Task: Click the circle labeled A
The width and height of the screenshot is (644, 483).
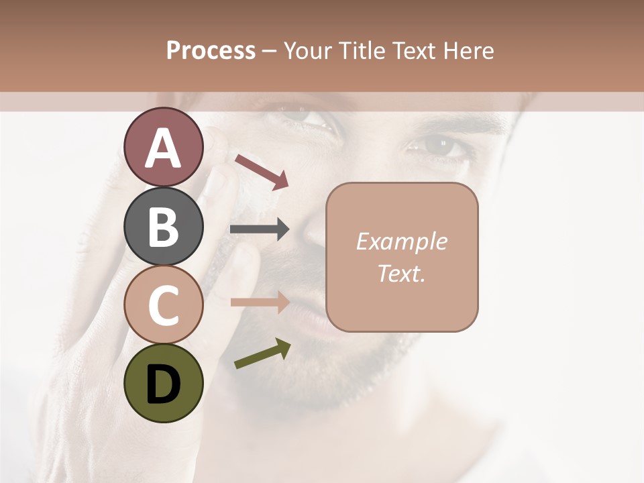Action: click(163, 146)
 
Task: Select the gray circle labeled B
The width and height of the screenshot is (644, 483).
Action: click(163, 227)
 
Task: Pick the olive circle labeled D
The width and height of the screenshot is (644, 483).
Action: click(163, 383)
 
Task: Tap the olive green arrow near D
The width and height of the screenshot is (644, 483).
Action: click(262, 354)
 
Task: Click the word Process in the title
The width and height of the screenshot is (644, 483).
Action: click(211, 51)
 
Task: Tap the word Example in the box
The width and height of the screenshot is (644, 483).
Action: click(402, 242)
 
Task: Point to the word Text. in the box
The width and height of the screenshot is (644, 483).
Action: click(402, 273)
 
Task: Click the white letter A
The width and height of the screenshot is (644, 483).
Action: click(163, 148)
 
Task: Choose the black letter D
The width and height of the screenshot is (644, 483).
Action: click(163, 384)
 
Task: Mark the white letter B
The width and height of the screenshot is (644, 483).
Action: click(163, 227)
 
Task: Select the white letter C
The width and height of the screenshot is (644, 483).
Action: click(163, 305)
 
